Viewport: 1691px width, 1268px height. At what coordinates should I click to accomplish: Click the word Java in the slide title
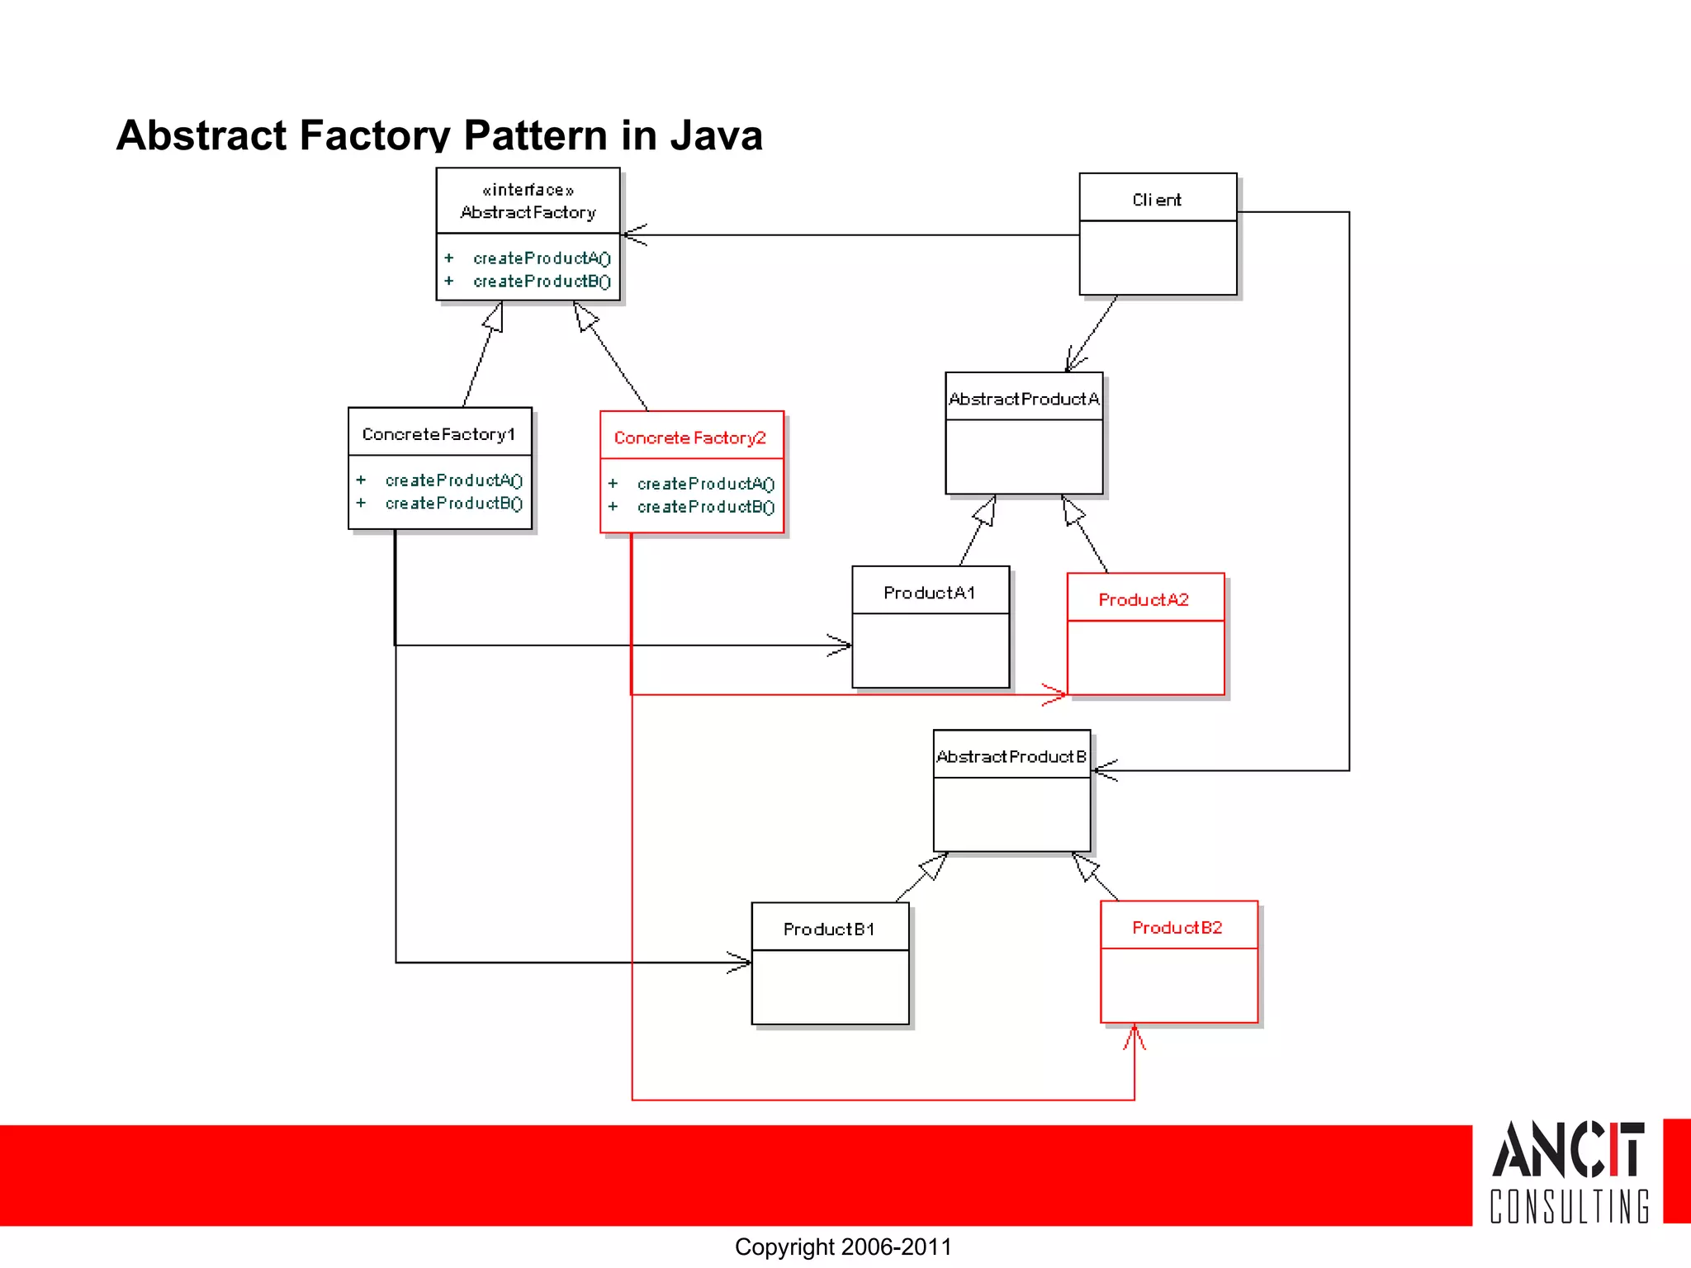point(716,135)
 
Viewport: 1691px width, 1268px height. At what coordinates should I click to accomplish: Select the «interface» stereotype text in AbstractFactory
point(528,190)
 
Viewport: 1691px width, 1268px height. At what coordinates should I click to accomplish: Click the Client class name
point(1157,200)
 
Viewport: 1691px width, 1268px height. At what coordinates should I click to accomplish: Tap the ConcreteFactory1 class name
point(438,434)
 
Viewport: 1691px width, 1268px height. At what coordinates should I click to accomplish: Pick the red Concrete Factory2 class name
point(690,438)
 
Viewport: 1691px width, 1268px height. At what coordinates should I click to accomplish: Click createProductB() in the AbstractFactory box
point(542,282)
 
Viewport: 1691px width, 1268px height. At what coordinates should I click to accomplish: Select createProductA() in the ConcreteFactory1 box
point(453,480)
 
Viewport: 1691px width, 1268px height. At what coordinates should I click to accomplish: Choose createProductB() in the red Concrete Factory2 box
point(705,507)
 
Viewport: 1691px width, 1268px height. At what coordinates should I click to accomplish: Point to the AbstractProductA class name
point(1024,400)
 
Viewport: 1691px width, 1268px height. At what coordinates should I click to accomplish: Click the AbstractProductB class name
point(1011,757)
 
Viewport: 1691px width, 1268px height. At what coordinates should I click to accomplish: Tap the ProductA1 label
point(930,593)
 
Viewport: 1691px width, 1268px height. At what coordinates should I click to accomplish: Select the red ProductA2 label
point(1144,600)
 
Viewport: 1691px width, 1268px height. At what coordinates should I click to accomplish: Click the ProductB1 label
point(829,930)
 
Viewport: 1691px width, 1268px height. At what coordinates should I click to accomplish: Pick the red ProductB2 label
point(1177,928)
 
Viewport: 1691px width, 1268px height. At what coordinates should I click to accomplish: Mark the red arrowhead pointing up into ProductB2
point(1134,1036)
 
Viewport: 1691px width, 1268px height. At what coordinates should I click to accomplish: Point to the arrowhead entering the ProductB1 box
point(741,963)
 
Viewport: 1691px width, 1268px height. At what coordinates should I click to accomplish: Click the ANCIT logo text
point(1567,1150)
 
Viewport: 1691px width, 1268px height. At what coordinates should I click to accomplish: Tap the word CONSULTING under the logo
point(1569,1206)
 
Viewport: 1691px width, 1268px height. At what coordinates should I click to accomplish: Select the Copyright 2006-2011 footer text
point(843,1247)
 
